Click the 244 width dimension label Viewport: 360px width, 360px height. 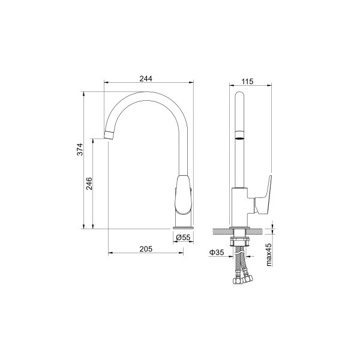pos(146,79)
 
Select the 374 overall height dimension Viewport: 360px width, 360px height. pos(80,149)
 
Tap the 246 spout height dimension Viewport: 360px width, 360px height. pos(89,184)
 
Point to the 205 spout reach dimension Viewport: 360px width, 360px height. pos(146,249)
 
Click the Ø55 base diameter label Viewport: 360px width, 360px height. pos(183,238)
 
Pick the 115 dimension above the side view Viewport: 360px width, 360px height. pos(247,81)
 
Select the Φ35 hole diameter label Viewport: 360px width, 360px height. pos(216,253)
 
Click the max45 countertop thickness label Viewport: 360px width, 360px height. pos(269,254)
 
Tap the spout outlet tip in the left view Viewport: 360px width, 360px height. pos(109,135)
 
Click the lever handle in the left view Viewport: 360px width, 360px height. pos(183,195)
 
